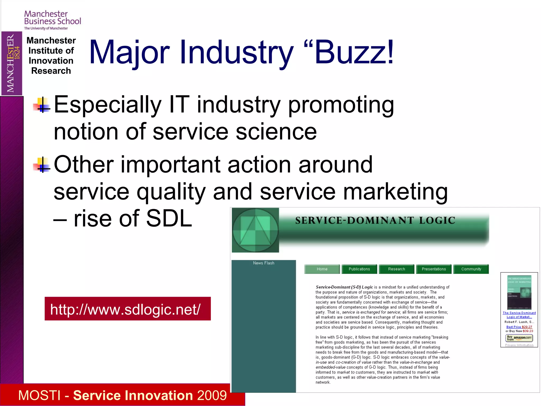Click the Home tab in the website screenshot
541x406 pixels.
point(322,269)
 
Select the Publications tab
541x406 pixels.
point(359,269)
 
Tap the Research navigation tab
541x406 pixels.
point(397,269)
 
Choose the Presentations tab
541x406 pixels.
point(434,269)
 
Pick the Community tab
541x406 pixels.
point(471,269)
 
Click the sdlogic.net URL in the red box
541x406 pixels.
point(125,309)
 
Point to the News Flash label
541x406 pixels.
point(264,263)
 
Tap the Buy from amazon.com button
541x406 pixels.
point(519,338)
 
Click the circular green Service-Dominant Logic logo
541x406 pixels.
point(255,230)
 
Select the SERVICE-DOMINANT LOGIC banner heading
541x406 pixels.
point(375,220)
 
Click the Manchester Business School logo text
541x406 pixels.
point(53,18)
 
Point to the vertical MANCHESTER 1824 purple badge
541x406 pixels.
point(12,63)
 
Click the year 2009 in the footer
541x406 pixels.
point(212,395)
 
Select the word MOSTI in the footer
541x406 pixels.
point(40,395)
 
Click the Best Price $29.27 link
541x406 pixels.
point(519,327)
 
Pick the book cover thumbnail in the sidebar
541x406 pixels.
point(519,292)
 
